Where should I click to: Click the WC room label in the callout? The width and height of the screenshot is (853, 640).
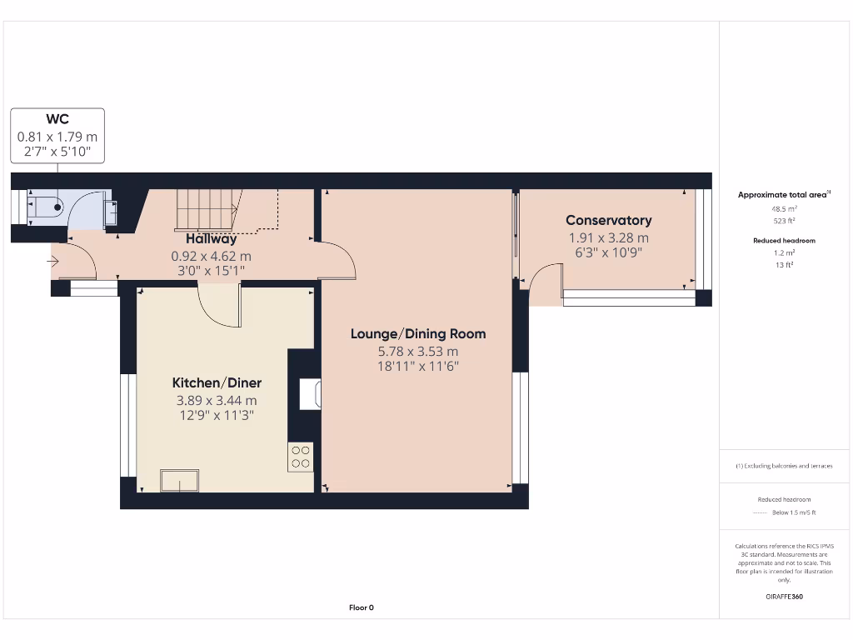[x=57, y=120]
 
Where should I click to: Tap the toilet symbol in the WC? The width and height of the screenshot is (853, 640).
[x=45, y=206]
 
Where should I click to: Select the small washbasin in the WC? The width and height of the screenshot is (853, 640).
[x=109, y=213]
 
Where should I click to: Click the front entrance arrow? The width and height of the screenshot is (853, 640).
[x=54, y=262]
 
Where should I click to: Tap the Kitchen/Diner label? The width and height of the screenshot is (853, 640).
[x=217, y=382]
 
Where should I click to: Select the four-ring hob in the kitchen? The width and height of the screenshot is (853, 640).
[x=301, y=457]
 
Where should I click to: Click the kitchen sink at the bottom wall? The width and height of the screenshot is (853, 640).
[x=180, y=481]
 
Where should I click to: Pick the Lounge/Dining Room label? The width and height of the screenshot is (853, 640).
[x=417, y=334]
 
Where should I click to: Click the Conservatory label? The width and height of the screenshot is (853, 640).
[x=608, y=220]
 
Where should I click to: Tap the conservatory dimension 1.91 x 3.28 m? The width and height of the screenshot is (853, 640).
[x=608, y=237]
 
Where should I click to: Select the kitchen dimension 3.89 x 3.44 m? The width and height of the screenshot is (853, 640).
[x=217, y=400]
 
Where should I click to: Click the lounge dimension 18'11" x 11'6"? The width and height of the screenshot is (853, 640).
[x=417, y=366]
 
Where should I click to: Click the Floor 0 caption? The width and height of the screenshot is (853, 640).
[x=361, y=607]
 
